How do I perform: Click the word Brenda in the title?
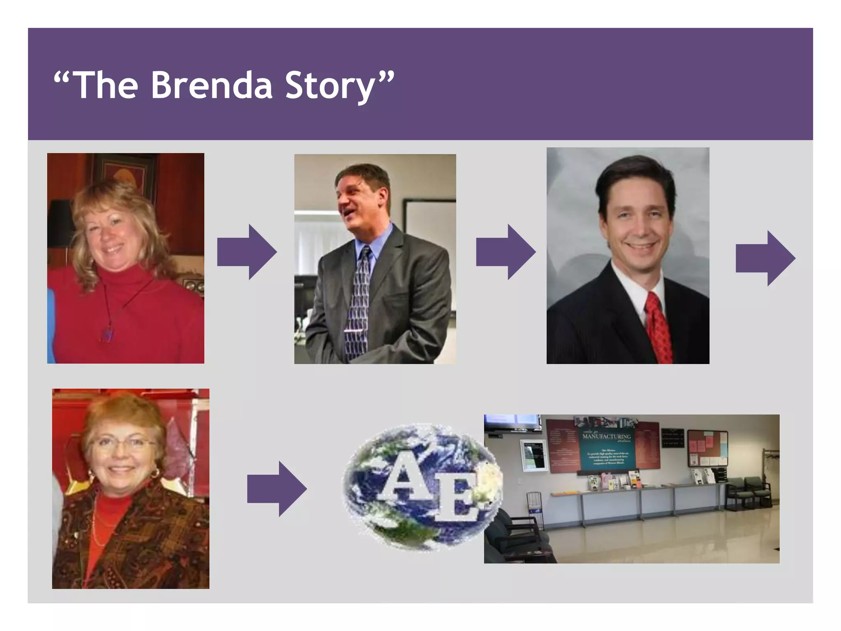coord(212,85)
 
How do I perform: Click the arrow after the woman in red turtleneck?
coord(247,252)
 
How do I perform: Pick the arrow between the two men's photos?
coord(506,252)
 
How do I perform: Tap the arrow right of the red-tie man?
coord(765,258)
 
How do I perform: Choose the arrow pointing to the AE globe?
coord(277,488)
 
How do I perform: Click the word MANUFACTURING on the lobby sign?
coord(607,436)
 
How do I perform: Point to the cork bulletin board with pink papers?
coord(708,448)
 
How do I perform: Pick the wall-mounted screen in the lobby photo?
coord(512,421)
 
